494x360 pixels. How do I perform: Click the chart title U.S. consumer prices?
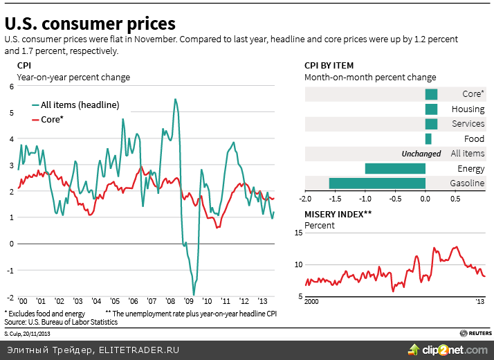click(90, 24)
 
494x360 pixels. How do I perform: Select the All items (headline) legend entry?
click(80, 105)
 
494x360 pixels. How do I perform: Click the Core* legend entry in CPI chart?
click(52, 120)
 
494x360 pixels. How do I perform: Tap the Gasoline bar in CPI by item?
click(377, 183)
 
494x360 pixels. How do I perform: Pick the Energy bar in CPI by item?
click(395, 168)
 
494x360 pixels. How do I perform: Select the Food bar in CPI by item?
click(428, 138)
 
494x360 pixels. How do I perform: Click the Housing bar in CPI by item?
click(431, 109)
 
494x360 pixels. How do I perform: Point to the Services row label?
click(468, 124)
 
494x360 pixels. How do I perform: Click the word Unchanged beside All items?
click(421, 154)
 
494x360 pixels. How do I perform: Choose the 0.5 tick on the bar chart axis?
click(455, 199)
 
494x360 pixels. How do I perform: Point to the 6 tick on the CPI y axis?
click(11, 87)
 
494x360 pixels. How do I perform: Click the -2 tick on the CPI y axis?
click(10, 296)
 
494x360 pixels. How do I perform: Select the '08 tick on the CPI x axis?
click(171, 303)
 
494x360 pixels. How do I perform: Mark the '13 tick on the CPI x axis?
click(262, 303)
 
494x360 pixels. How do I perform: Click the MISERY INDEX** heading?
click(338, 215)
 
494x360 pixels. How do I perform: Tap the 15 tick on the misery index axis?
click(299, 233)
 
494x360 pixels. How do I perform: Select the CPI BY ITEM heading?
click(329, 66)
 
